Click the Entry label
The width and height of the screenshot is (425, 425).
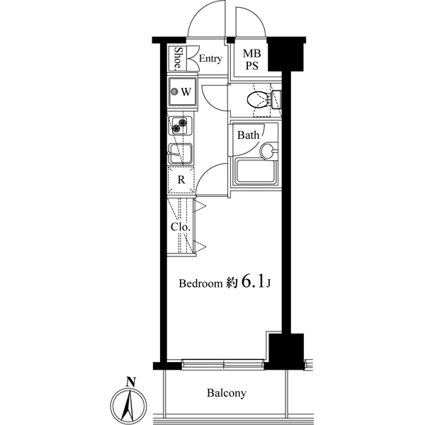pyautogui.click(x=210, y=59)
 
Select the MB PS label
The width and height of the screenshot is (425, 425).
pyautogui.click(x=251, y=59)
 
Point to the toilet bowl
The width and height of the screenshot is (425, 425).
pyautogui.click(x=256, y=100)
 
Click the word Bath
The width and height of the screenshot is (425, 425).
pyautogui.click(x=248, y=135)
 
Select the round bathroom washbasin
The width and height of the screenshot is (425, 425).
pyautogui.click(x=268, y=150)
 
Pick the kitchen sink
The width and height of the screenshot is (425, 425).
pyautogui.click(x=182, y=153)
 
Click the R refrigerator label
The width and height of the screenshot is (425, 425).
pyautogui.click(x=181, y=180)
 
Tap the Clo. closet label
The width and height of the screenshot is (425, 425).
pyautogui.click(x=180, y=227)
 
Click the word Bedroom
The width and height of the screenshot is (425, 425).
pyautogui.click(x=200, y=283)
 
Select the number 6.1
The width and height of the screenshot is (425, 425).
pyautogui.click(x=254, y=282)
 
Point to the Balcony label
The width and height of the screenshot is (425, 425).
pyautogui.click(x=227, y=392)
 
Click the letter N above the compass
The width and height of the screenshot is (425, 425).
pyautogui.click(x=130, y=382)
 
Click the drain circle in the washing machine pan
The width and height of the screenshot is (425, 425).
pyautogui.click(x=175, y=91)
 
